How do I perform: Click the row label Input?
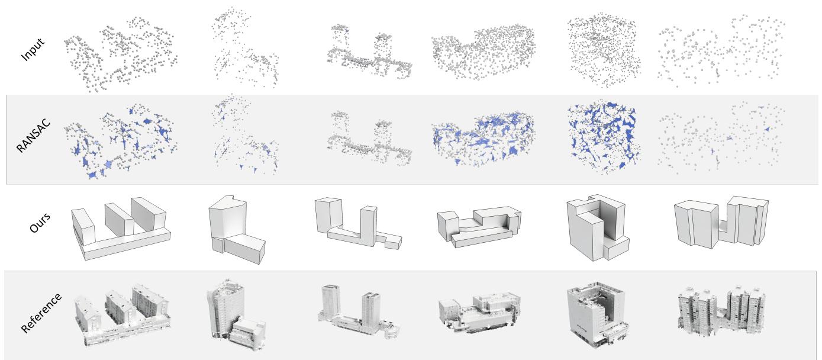tap(33, 49)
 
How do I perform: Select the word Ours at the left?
tap(39, 223)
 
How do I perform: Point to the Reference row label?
tap(41, 313)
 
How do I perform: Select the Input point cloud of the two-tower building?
tap(369, 52)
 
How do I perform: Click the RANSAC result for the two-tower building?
tap(369, 138)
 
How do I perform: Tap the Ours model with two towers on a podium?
tap(358, 223)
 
